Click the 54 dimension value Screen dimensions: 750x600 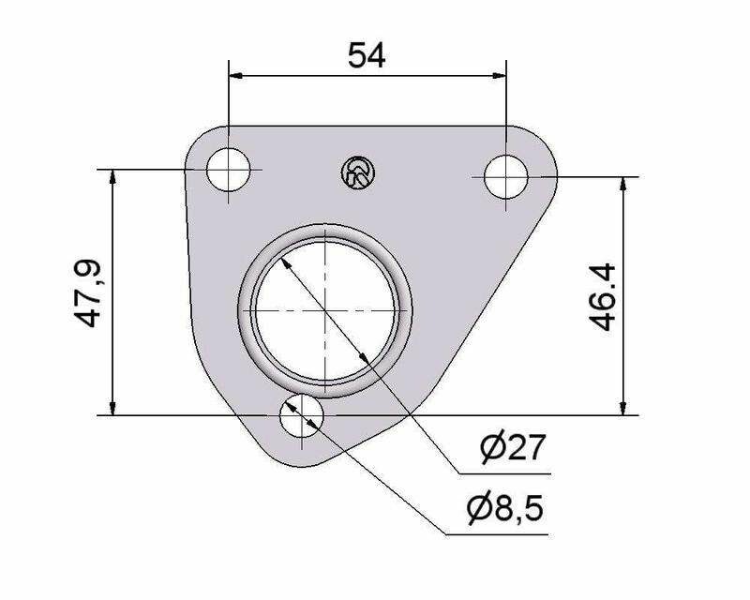367,55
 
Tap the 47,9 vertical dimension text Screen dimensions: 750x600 87,293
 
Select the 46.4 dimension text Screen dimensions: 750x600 602,296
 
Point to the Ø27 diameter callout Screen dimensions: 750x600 513,447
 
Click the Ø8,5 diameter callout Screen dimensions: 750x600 506,508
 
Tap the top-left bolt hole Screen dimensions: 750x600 229,170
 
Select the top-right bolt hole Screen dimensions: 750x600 506,176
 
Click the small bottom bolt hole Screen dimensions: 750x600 302,415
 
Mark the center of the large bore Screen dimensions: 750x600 324,310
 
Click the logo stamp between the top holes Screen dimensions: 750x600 358,172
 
